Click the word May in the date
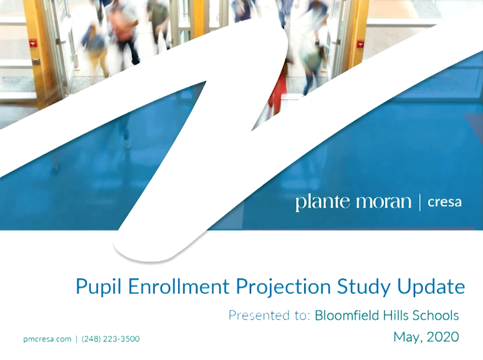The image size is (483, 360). click(x=406, y=338)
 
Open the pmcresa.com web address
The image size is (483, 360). click(x=47, y=339)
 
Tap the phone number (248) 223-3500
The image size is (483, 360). click(x=110, y=339)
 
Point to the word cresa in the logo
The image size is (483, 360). click(x=444, y=203)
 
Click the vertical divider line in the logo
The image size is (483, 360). click(x=420, y=202)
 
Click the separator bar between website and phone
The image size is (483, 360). click(x=77, y=339)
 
